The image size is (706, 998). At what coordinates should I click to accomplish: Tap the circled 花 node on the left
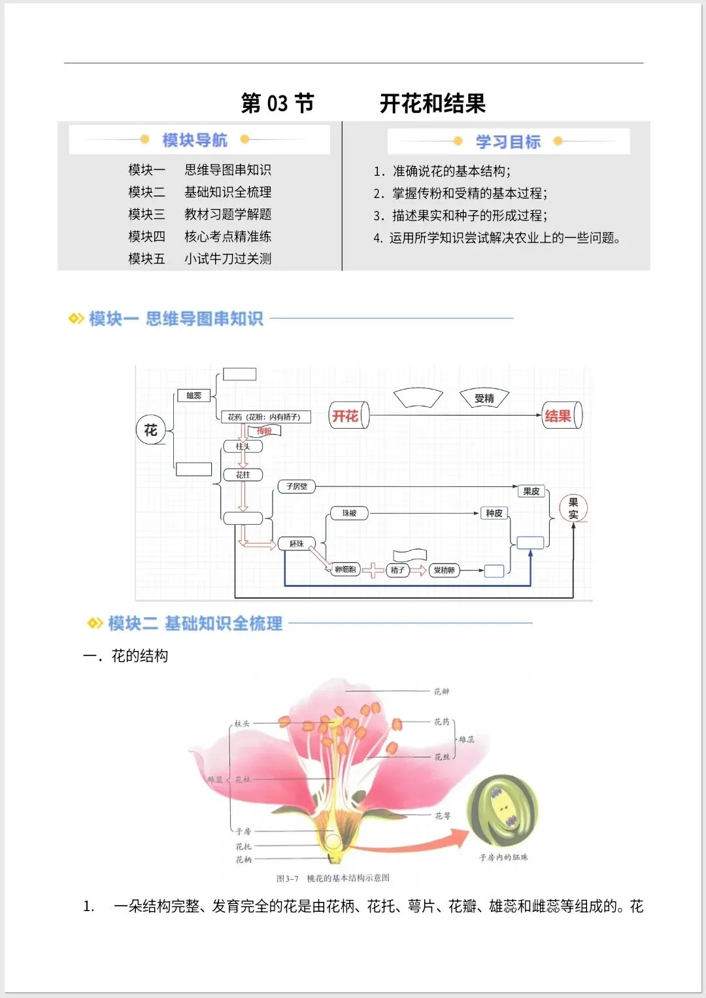tap(151, 430)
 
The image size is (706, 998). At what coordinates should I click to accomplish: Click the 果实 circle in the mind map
tap(573, 508)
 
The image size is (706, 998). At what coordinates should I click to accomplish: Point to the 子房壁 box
tap(297, 486)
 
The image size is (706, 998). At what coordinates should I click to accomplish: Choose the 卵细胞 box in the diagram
tap(345, 570)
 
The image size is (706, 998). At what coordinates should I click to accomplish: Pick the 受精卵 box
tap(444, 571)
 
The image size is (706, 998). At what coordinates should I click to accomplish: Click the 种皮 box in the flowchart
tap(494, 513)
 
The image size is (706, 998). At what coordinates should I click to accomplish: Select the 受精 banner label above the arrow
tap(484, 398)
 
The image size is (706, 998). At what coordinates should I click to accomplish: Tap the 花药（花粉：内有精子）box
tap(265, 417)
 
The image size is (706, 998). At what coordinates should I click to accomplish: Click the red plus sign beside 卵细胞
tap(373, 571)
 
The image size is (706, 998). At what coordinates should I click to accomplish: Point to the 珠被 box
tap(349, 513)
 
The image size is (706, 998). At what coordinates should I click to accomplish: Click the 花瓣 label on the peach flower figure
tap(441, 691)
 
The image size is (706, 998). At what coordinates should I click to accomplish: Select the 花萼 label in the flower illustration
tap(443, 816)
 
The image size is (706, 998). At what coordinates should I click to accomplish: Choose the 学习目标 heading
tap(508, 141)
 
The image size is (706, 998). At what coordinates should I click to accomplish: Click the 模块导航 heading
tap(195, 140)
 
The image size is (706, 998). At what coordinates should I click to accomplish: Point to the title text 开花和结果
tap(433, 103)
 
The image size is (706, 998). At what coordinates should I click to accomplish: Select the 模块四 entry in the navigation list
tap(147, 237)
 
